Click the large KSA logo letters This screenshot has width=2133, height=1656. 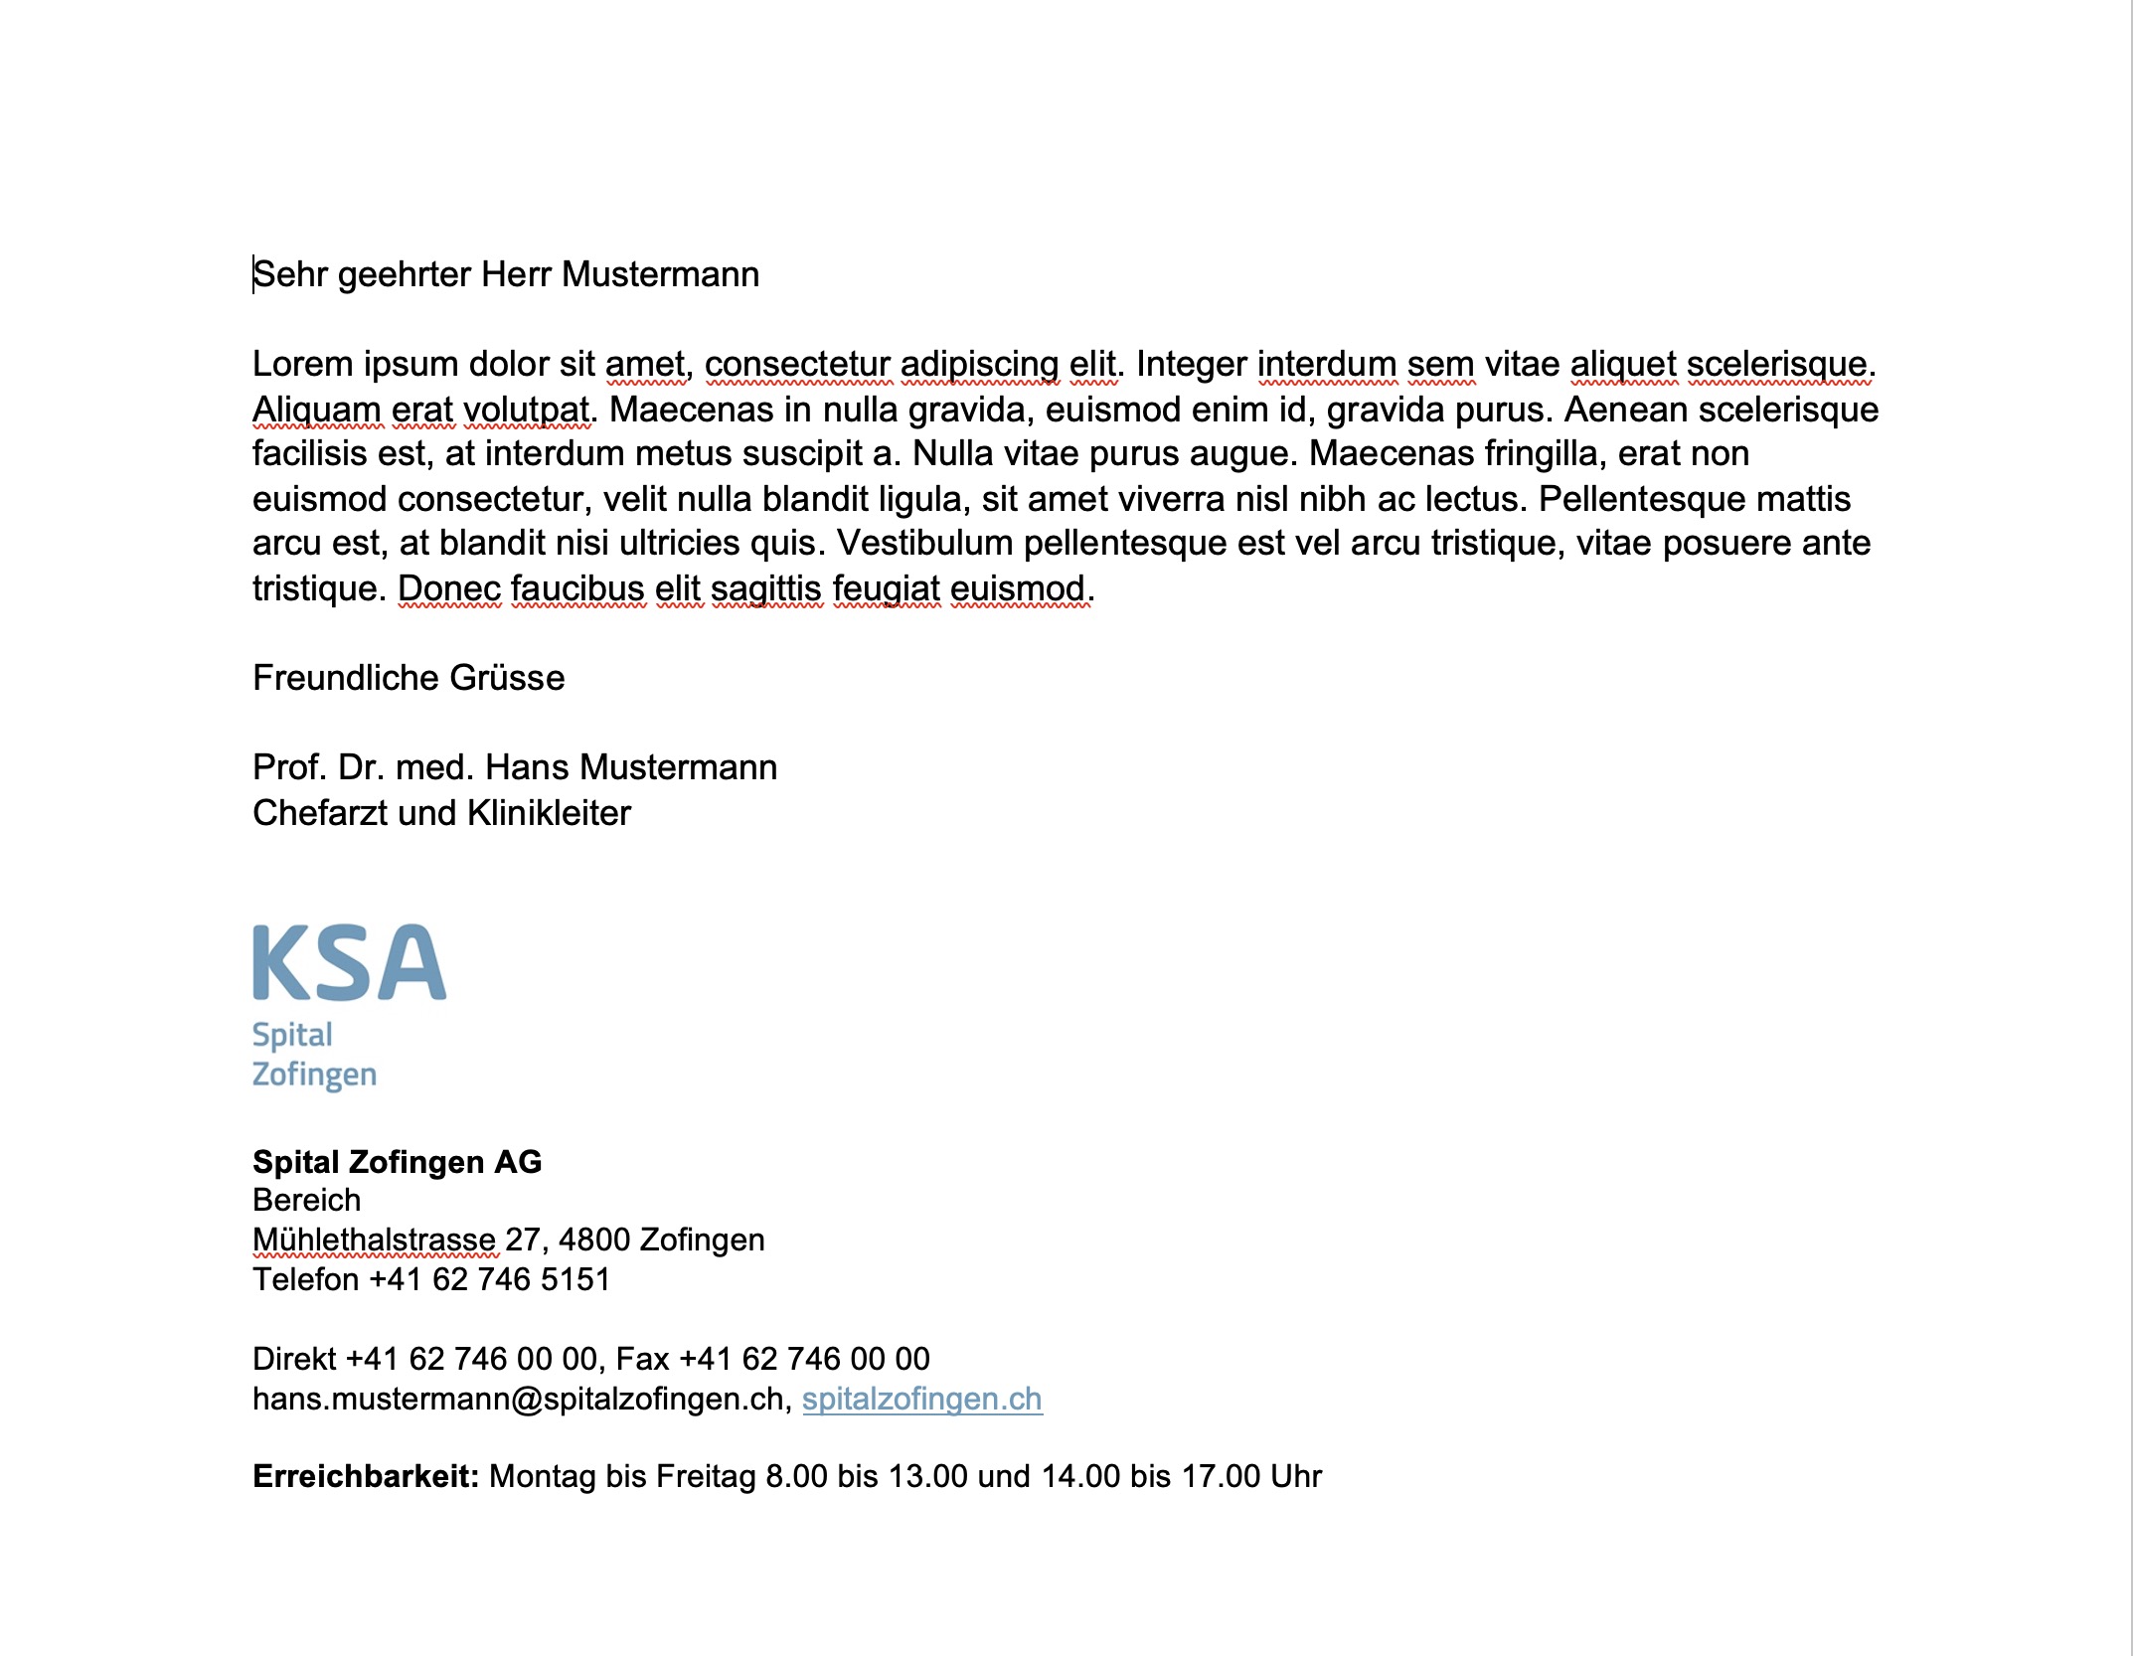click(x=349, y=962)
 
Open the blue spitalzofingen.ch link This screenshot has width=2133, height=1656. click(x=921, y=1399)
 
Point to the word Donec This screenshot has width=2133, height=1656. click(x=449, y=588)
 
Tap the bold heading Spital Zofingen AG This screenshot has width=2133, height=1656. click(x=397, y=1162)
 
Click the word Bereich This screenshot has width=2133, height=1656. click(x=306, y=1200)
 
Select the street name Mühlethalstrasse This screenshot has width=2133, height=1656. click(x=374, y=1240)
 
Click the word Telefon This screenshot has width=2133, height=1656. click(x=305, y=1279)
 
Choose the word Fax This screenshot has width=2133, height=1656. click(x=642, y=1359)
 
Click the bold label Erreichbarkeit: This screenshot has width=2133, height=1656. click(x=366, y=1476)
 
